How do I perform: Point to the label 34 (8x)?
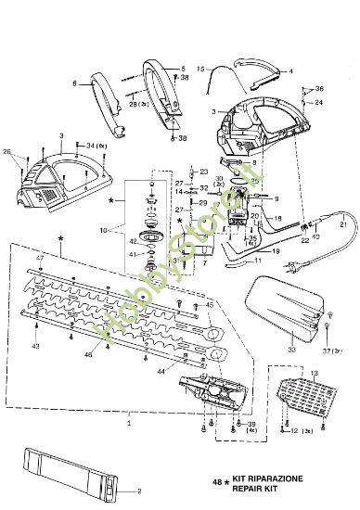tap(96, 146)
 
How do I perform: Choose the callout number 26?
tap(7, 151)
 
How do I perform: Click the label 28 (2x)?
tap(135, 107)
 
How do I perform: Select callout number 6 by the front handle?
tap(73, 83)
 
